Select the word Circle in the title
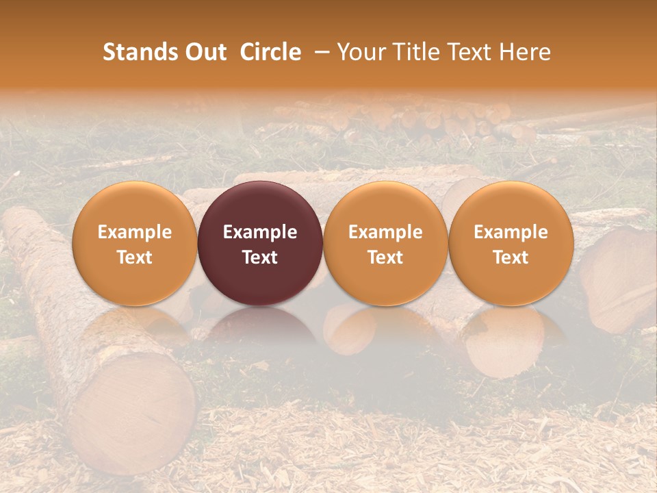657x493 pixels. coord(270,53)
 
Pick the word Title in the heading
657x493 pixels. coord(415,53)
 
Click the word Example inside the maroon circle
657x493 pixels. coord(260,232)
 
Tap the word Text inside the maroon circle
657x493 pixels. coord(260,257)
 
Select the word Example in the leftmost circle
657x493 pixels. coord(135,232)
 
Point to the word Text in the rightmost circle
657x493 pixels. coord(511,257)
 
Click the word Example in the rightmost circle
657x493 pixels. coord(511,232)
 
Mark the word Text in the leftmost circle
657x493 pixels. coord(135,257)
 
